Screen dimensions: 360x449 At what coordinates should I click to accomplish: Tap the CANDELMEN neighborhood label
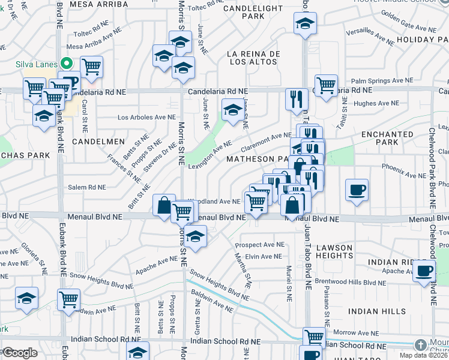pos(98,142)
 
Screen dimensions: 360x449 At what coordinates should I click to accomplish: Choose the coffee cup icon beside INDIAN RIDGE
pos(424,271)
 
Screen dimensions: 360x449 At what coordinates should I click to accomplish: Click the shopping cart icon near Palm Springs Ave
pos(326,85)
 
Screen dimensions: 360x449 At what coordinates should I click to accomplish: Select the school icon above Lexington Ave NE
pos(233,110)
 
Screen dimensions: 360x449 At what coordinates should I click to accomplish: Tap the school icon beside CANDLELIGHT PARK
pos(305,25)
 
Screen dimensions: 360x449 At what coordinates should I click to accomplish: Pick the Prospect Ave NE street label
pos(259,245)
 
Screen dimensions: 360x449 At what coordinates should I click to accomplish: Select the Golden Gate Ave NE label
pos(404,29)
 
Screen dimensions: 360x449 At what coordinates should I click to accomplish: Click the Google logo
pos(20,352)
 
